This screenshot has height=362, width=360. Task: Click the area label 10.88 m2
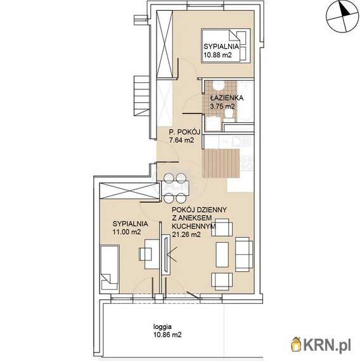[x=217, y=55]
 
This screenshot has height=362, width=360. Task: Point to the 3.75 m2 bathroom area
[x=222, y=107]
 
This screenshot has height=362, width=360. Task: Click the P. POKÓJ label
[x=184, y=132]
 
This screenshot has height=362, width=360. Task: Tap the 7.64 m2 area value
[x=181, y=140]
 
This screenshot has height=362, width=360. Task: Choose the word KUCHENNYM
[x=194, y=226]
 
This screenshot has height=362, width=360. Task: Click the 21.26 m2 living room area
[x=186, y=235]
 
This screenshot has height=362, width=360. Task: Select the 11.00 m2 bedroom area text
[x=127, y=232]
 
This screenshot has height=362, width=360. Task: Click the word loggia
[x=162, y=327]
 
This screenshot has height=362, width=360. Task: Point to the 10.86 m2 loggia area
[x=167, y=335]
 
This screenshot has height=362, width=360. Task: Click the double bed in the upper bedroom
[x=226, y=46]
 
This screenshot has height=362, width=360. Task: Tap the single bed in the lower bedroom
[x=110, y=268]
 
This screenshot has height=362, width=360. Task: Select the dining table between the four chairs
[x=176, y=188]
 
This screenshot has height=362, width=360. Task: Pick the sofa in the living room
[x=244, y=254]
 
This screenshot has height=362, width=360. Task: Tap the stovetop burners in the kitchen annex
[x=247, y=163]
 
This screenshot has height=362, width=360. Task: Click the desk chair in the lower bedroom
[x=145, y=254]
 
